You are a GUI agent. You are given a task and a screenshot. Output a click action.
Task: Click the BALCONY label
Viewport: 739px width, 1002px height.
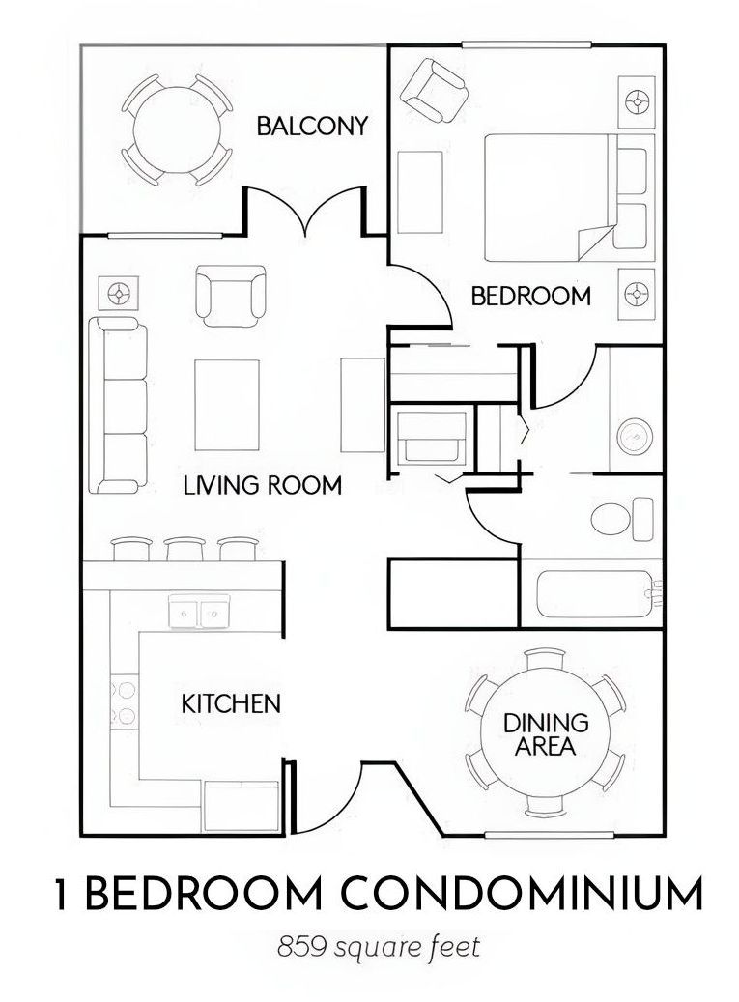pos(312,126)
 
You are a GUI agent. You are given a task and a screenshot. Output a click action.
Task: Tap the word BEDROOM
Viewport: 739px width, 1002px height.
pos(530,297)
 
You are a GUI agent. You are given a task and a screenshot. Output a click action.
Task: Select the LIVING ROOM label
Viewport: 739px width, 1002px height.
pos(263,486)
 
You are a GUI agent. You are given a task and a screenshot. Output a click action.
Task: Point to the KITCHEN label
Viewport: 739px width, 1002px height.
pos(231,704)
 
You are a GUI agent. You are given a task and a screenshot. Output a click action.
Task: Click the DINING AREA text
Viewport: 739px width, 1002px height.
pos(546,734)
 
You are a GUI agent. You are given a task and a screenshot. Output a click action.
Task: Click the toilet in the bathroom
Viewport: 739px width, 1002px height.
pos(621,517)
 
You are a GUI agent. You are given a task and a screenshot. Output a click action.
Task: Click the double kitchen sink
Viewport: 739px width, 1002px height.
pos(199,611)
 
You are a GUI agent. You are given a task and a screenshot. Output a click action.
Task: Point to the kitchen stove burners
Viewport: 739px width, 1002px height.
pos(125,702)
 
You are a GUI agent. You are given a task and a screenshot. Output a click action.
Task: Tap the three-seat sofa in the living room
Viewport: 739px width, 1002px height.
pos(118,405)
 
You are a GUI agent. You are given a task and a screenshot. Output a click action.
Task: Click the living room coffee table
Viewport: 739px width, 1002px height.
pos(227,405)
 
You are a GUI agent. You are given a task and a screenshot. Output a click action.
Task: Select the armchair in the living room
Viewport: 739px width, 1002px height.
pos(231,296)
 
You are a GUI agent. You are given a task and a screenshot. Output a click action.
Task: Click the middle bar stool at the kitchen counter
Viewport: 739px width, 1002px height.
pos(185,549)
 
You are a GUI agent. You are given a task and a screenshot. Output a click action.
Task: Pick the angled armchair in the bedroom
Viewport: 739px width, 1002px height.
pos(434,90)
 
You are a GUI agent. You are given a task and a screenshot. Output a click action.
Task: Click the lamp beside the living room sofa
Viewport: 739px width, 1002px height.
pos(118,294)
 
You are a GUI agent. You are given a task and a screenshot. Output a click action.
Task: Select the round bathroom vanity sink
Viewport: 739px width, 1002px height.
pos(635,437)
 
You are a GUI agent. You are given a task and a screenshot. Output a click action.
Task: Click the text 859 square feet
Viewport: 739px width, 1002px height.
pos(379,947)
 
